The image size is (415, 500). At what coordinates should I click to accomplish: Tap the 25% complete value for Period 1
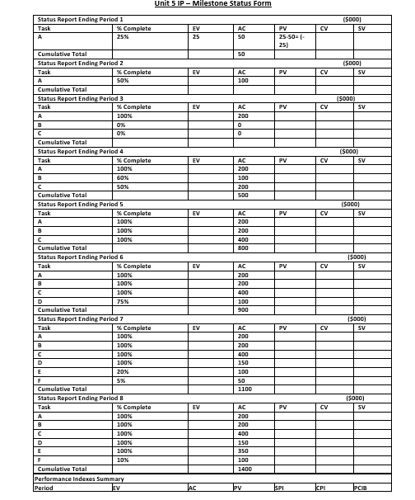click(123, 37)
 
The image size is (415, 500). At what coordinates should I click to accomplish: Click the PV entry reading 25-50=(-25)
click(289, 41)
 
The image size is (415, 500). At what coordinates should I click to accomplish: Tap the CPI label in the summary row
click(321, 487)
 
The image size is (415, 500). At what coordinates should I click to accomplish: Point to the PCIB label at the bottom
click(360, 487)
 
